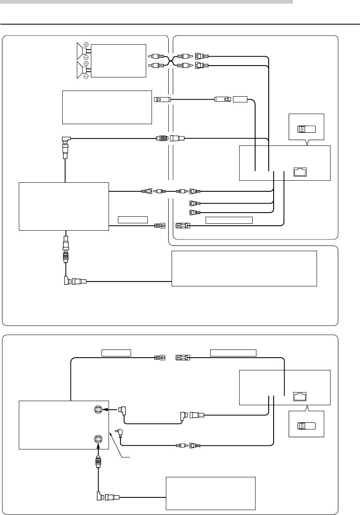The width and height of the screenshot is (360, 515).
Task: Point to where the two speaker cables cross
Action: pyautogui.click(x=172, y=61)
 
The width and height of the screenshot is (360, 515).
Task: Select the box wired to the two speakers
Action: pyautogui.click(x=118, y=60)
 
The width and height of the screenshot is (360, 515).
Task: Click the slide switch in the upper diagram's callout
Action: pyautogui.click(x=306, y=129)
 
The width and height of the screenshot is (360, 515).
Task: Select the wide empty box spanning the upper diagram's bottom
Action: pyautogui.click(x=244, y=268)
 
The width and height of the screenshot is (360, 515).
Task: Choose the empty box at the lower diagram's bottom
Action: pyautogui.click(x=210, y=493)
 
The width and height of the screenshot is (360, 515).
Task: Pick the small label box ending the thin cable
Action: pyautogui.click(x=240, y=99)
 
